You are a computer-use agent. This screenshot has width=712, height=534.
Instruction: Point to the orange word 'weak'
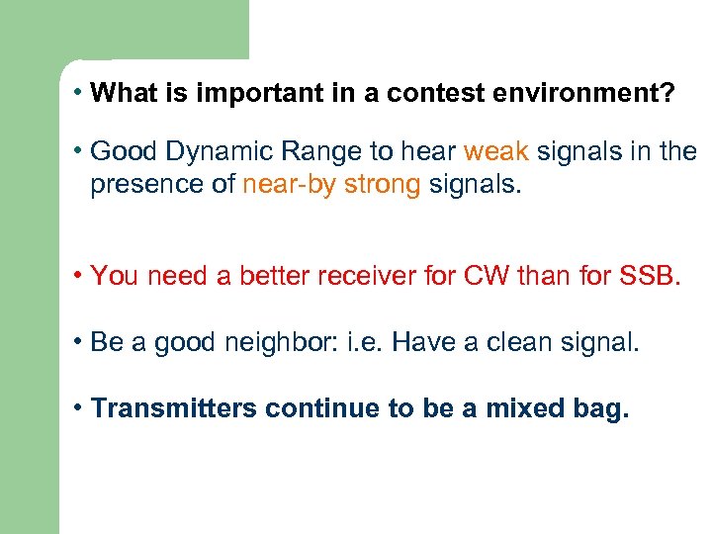[496, 152]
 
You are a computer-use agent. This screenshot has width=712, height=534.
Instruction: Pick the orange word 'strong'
[383, 186]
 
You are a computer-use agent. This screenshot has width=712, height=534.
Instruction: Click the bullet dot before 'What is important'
[77, 94]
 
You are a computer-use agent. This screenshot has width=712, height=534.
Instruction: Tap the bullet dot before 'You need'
[77, 276]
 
